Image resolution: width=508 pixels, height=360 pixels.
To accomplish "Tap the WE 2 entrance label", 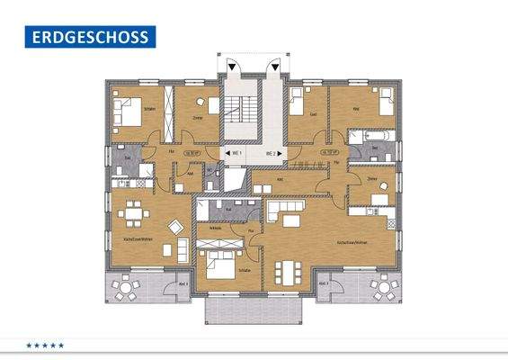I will [x=272, y=154].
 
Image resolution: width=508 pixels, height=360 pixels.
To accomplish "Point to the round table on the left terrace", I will [x=126, y=290].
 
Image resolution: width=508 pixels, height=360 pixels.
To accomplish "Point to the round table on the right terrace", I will [x=381, y=290].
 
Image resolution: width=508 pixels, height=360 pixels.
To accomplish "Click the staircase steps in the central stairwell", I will [x=236, y=112].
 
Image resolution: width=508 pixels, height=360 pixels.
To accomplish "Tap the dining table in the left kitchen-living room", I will [x=135, y=212].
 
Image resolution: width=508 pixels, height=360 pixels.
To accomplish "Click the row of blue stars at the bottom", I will [x=45, y=345].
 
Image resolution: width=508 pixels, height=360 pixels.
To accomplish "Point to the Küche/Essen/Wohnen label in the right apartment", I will [x=352, y=243].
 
